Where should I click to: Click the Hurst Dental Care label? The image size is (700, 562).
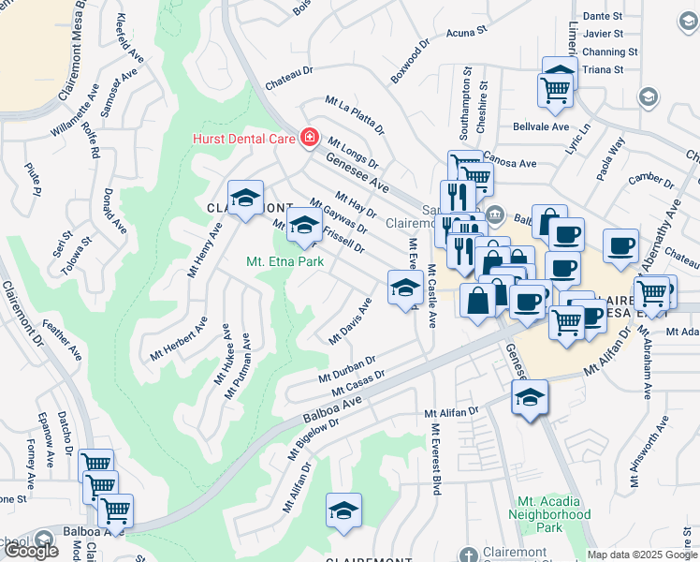click(244, 139)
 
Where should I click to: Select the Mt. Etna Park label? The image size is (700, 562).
click(284, 261)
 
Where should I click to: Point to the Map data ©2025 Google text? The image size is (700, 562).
click(641, 555)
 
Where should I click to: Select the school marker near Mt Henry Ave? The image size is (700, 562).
click(245, 198)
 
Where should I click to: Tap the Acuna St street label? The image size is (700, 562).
click(467, 31)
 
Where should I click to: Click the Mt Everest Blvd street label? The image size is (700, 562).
click(435, 459)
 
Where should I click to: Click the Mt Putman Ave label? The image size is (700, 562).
click(237, 366)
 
